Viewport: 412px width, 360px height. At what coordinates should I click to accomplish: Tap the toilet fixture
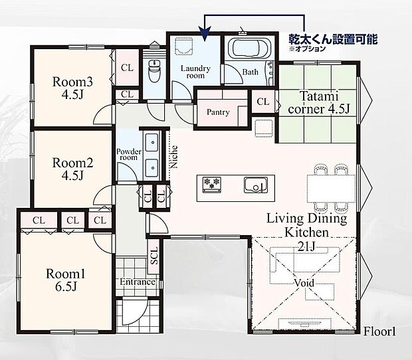tap(154, 71)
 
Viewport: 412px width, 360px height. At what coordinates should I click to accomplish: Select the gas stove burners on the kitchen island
tap(211, 184)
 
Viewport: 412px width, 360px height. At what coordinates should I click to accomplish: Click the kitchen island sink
tap(256, 185)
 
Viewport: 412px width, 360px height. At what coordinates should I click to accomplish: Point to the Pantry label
tap(218, 112)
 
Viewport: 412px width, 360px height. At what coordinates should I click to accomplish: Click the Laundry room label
tap(195, 72)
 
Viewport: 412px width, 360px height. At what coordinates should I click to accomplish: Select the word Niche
tap(173, 157)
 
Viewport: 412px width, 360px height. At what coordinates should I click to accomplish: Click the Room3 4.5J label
tap(73, 88)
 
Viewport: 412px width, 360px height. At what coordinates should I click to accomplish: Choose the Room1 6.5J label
tap(66, 280)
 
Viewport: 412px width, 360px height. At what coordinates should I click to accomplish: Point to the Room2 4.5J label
tap(73, 169)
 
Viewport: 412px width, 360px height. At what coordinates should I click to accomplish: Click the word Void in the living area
tap(304, 283)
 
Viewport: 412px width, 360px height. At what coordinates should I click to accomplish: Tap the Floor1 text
tap(379, 331)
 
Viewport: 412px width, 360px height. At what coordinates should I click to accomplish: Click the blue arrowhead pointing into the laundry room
tap(205, 34)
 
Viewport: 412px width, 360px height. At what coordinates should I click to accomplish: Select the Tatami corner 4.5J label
tap(319, 102)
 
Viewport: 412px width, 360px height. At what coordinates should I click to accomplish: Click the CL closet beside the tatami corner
tap(263, 102)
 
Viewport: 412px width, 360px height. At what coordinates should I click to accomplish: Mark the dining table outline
tap(332, 189)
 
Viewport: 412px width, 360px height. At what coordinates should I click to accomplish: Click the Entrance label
tap(138, 282)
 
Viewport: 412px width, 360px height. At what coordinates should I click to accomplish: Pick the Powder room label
tap(129, 155)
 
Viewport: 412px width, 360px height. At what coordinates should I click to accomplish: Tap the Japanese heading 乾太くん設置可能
tap(333, 39)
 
